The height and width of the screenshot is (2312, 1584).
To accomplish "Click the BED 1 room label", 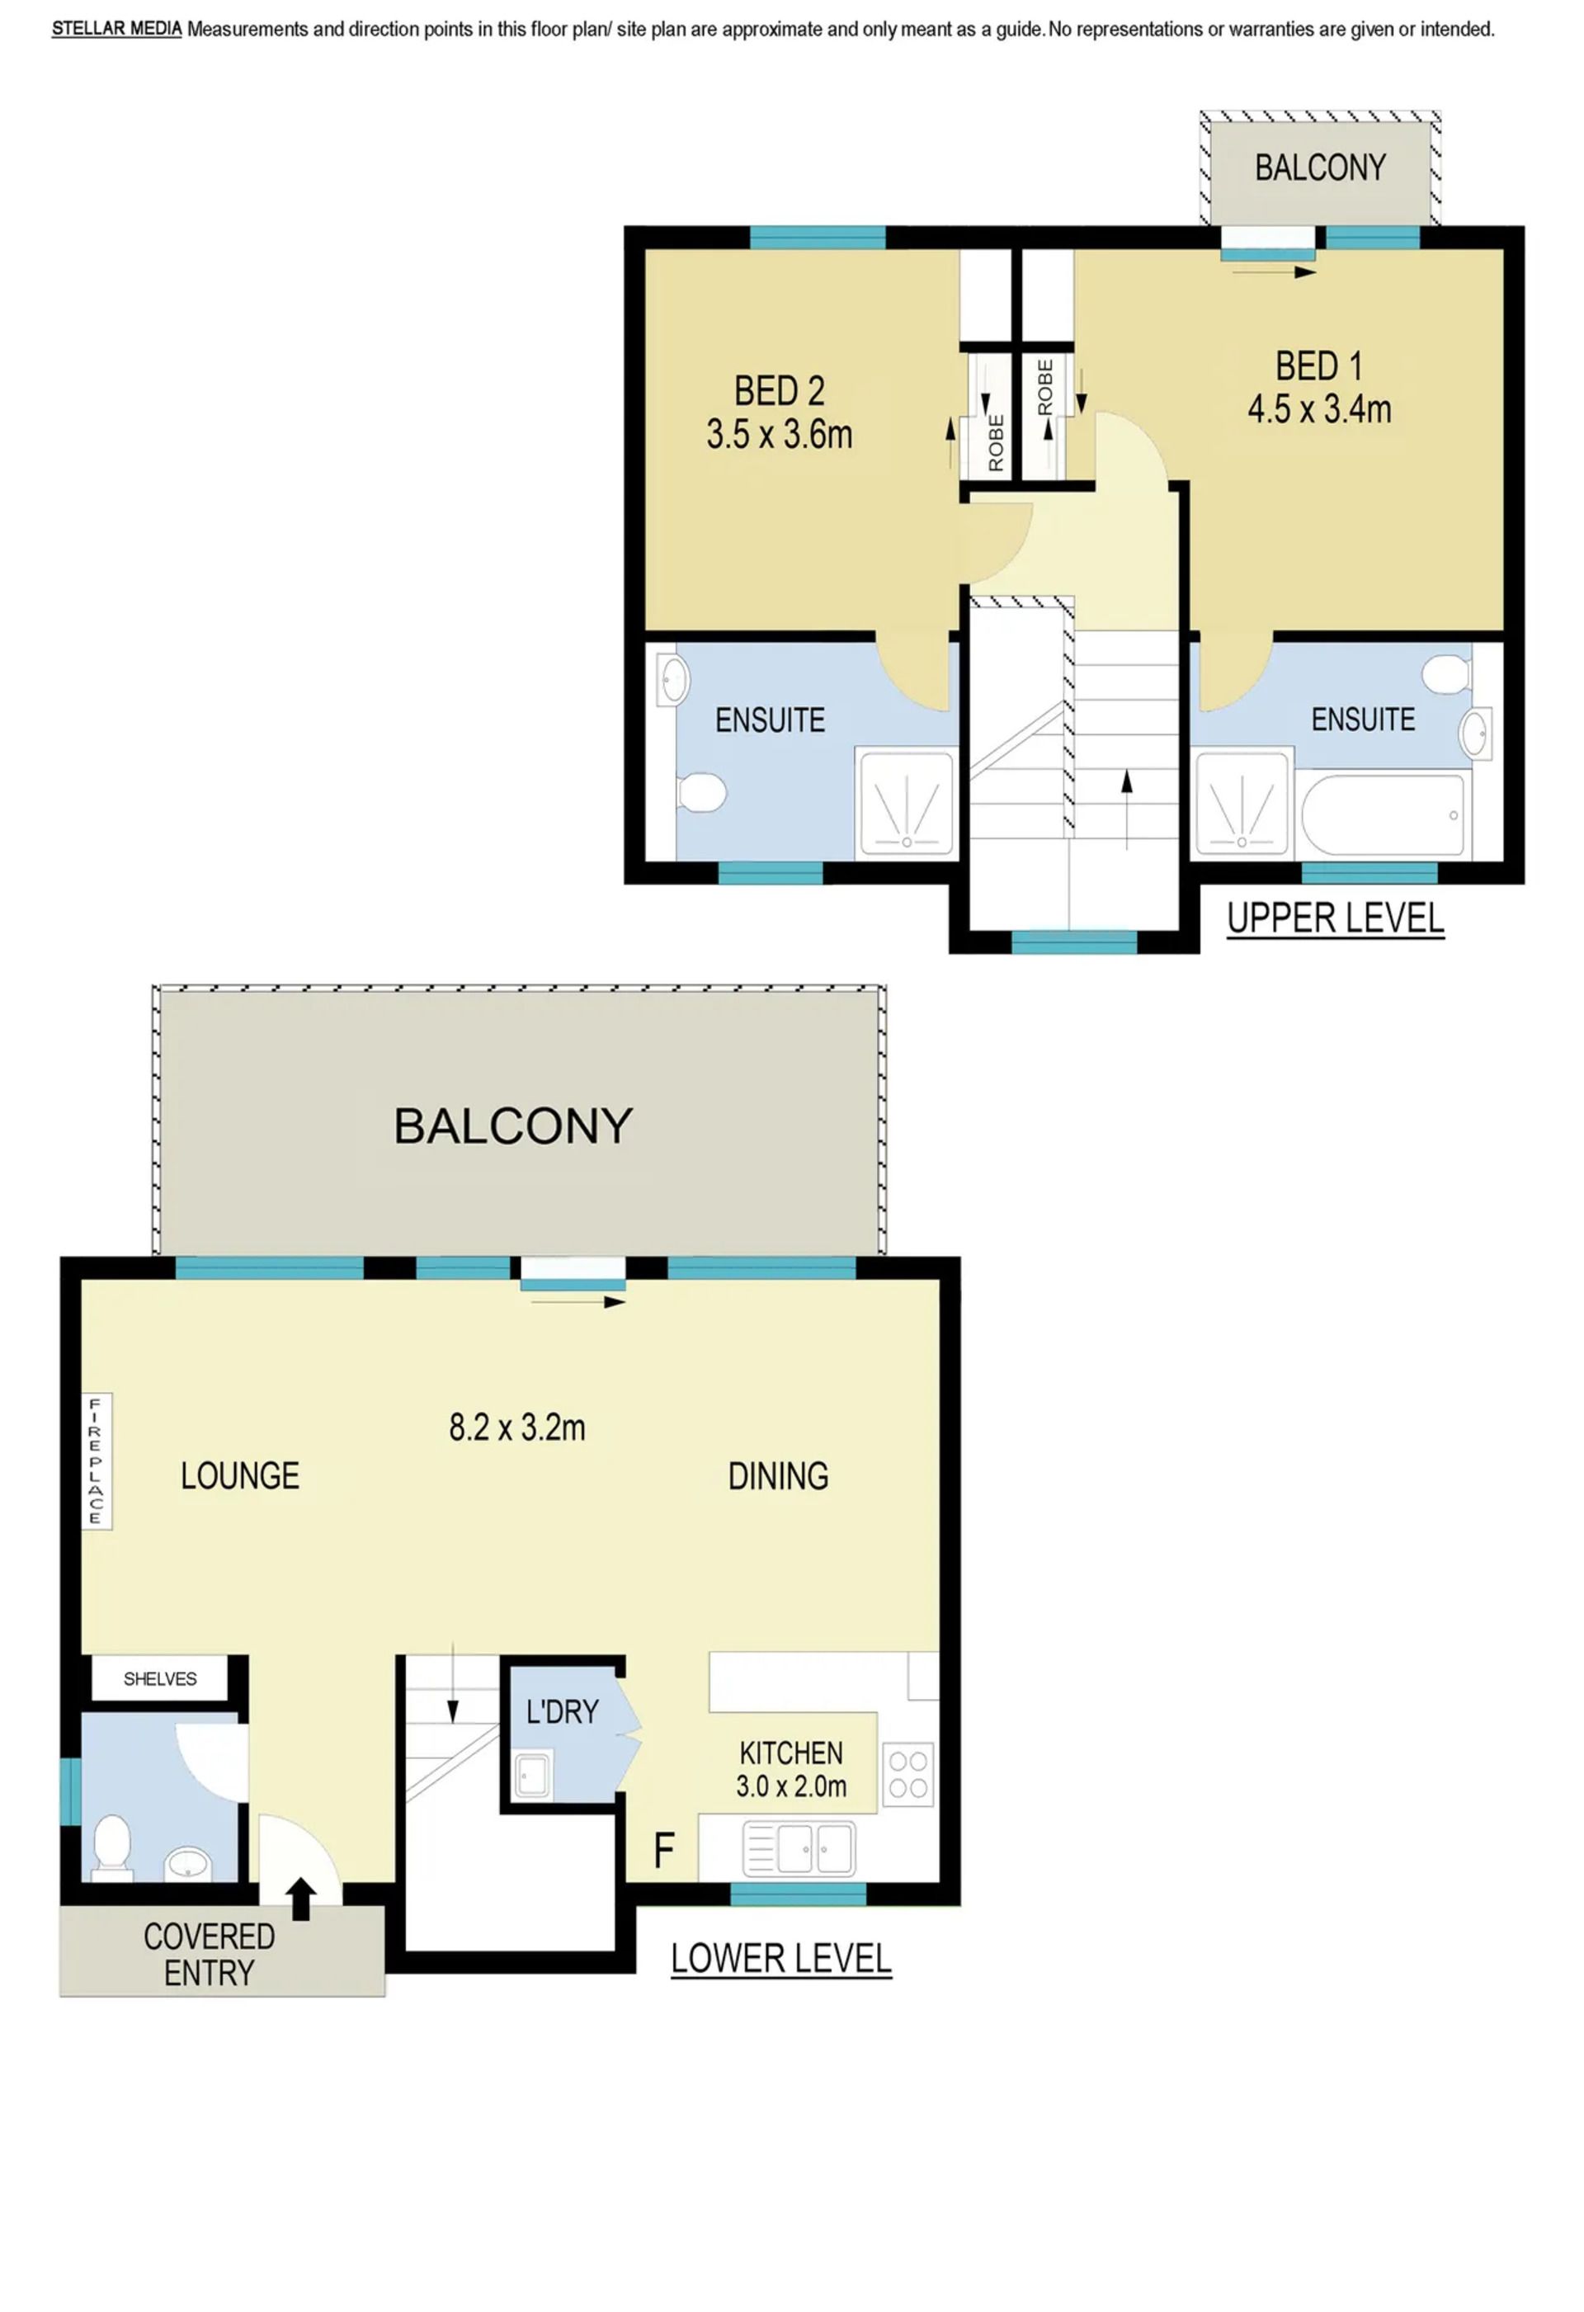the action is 1318,366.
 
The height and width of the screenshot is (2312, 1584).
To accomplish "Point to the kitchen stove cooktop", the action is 908,1774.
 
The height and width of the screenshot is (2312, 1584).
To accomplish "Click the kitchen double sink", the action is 799,1848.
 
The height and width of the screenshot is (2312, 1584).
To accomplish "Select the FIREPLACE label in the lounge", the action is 96,1460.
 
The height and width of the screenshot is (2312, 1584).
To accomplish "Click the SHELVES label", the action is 160,1679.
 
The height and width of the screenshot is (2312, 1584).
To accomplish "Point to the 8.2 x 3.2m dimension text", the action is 516,1427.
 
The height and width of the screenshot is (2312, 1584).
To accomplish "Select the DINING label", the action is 778,1475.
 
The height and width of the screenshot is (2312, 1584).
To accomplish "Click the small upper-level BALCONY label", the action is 1319,168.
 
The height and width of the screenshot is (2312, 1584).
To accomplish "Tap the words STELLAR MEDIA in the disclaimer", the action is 116,29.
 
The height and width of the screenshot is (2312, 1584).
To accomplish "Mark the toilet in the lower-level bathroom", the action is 112,1847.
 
